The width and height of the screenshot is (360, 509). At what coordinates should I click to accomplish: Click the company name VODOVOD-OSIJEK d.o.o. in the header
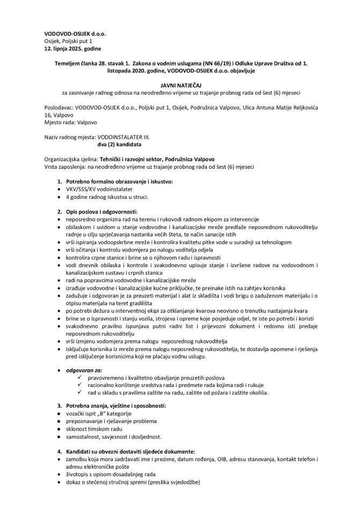[75, 33]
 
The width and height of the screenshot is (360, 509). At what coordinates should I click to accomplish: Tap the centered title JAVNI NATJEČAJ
[179, 85]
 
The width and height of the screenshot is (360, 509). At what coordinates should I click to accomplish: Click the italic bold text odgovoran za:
[84, 370]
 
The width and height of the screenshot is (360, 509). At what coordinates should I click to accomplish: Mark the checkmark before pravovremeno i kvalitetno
[81, 378]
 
